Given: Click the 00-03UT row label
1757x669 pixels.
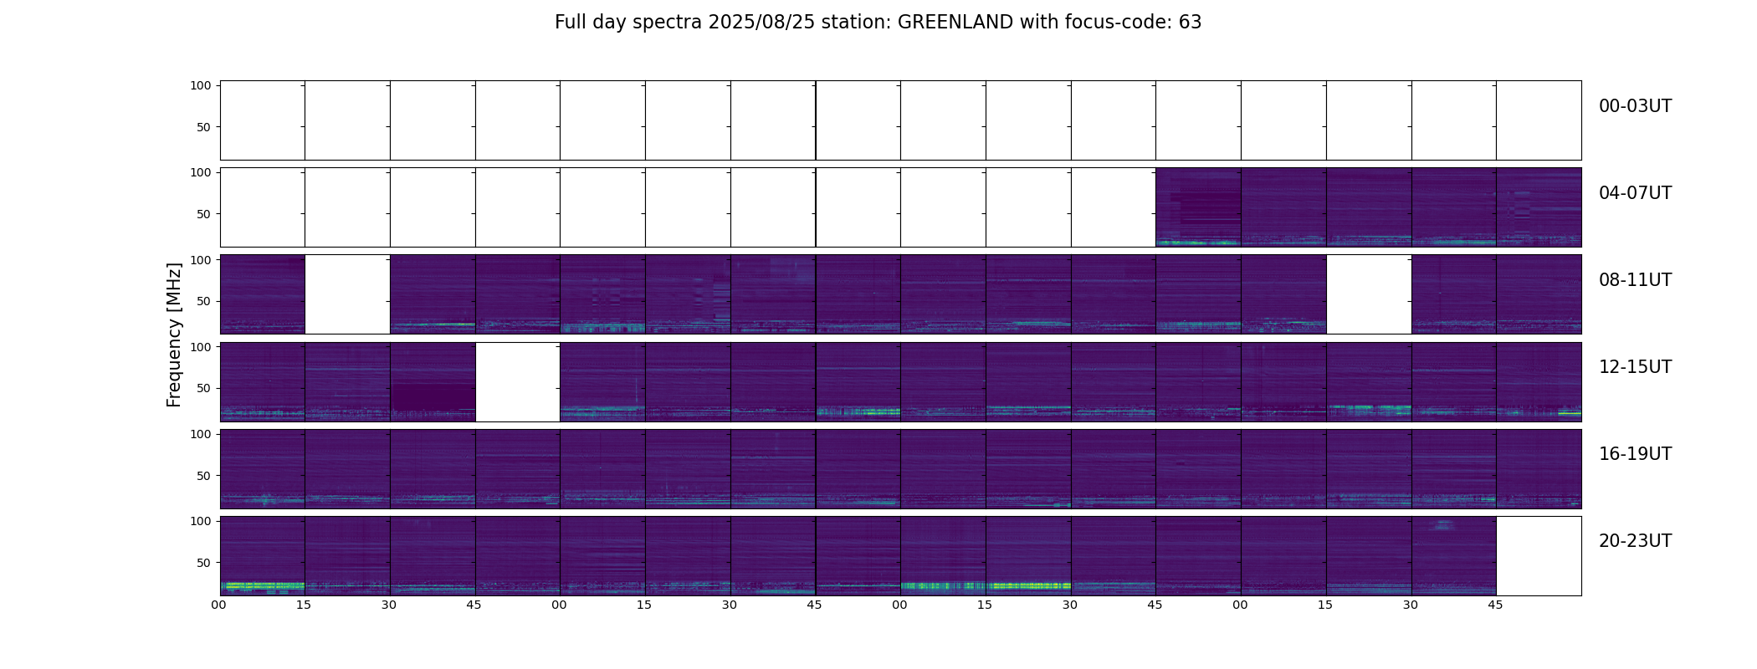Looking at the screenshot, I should [x=1635, y=106].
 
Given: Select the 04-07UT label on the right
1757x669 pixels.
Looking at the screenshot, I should [x=1635, y=193].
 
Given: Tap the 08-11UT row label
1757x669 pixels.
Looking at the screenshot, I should [x=1635, y=280].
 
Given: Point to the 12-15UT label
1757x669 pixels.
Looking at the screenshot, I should [x=1635, y=367].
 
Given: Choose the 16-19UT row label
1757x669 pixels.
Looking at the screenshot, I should [x=1635, y=454].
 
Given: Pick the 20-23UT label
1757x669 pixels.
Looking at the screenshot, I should [x=1635, y=541].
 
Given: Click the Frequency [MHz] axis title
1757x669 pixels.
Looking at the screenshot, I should [x=174, y=334].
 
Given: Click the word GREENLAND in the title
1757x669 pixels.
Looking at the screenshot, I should [x=955, y=23].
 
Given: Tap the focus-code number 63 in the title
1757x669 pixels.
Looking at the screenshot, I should [x=1190, y=23].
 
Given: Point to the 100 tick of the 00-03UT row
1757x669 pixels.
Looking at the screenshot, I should [x=201, y=85].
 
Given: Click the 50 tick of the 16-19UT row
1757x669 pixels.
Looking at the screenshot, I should [x=204, y=476].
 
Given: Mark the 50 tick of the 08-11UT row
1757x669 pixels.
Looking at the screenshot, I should [x=204, y=301].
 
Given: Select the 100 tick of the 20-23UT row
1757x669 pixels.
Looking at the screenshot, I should [x=201, y=521].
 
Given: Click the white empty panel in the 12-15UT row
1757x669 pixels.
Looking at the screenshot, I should [x=517, y=382].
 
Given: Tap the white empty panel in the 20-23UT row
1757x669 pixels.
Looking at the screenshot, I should [x=1538, y=556].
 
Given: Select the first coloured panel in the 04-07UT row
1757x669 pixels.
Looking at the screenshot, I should [x=1197, y=207].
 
